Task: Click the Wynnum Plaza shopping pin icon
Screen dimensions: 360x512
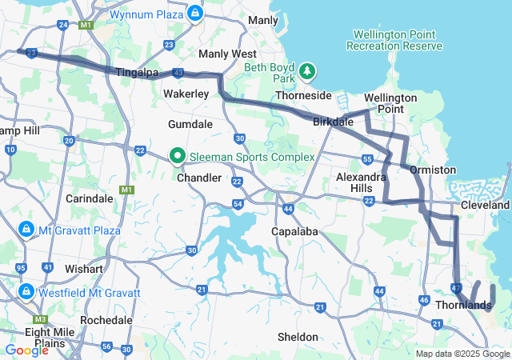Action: click(195, 14)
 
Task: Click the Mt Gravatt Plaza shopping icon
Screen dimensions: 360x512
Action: click(26, 230)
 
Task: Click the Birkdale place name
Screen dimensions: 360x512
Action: click(333, 124)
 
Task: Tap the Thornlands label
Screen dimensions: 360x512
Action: click(463, 305)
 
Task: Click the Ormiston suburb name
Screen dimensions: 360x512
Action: click(433, 170)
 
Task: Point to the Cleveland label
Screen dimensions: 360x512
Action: click(486, 206)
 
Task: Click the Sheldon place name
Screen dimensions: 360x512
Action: click(298, 337)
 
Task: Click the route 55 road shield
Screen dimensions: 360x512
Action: click(366, 159)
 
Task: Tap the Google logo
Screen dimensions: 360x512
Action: click(26, 350)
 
